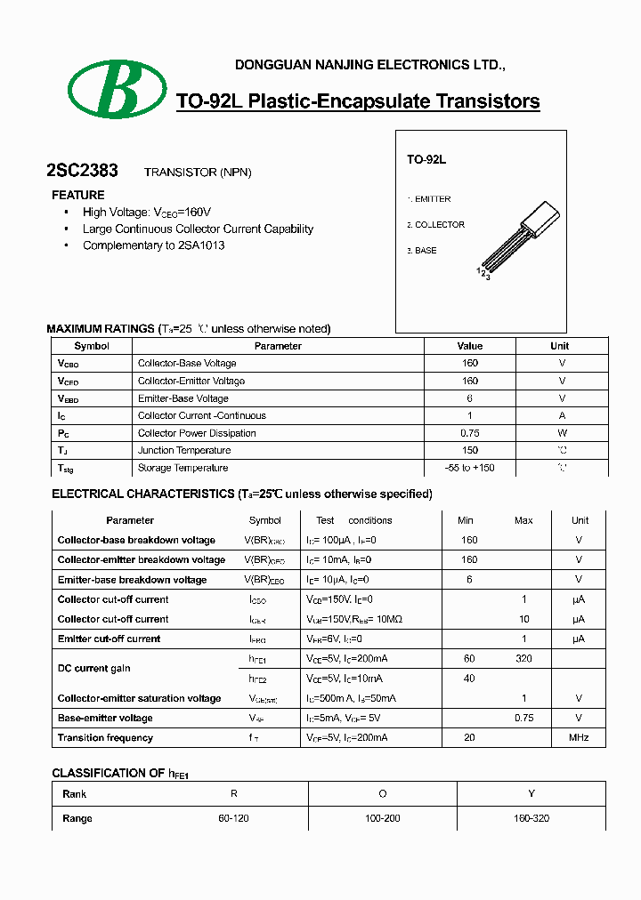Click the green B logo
pos(118,90)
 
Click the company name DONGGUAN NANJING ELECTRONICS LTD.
pos(369,65)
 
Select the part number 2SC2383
pos(82,171)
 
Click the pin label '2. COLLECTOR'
pos(436,225)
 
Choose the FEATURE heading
pos(77,195)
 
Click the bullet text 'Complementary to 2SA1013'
pos(153,245)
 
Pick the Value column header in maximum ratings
pos(469,346)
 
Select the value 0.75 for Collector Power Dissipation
pos(469,433)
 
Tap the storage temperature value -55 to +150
pos(469,468)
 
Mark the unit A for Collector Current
pos(562,415)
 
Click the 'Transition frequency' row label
pos(105,737)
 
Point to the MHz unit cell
pos(579,737)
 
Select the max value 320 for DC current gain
pos(523,659)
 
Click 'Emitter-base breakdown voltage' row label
pos(132,580)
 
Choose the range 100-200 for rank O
pos(383,818)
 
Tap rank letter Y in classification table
pos(531,793)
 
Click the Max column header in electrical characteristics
pos(523,520)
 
